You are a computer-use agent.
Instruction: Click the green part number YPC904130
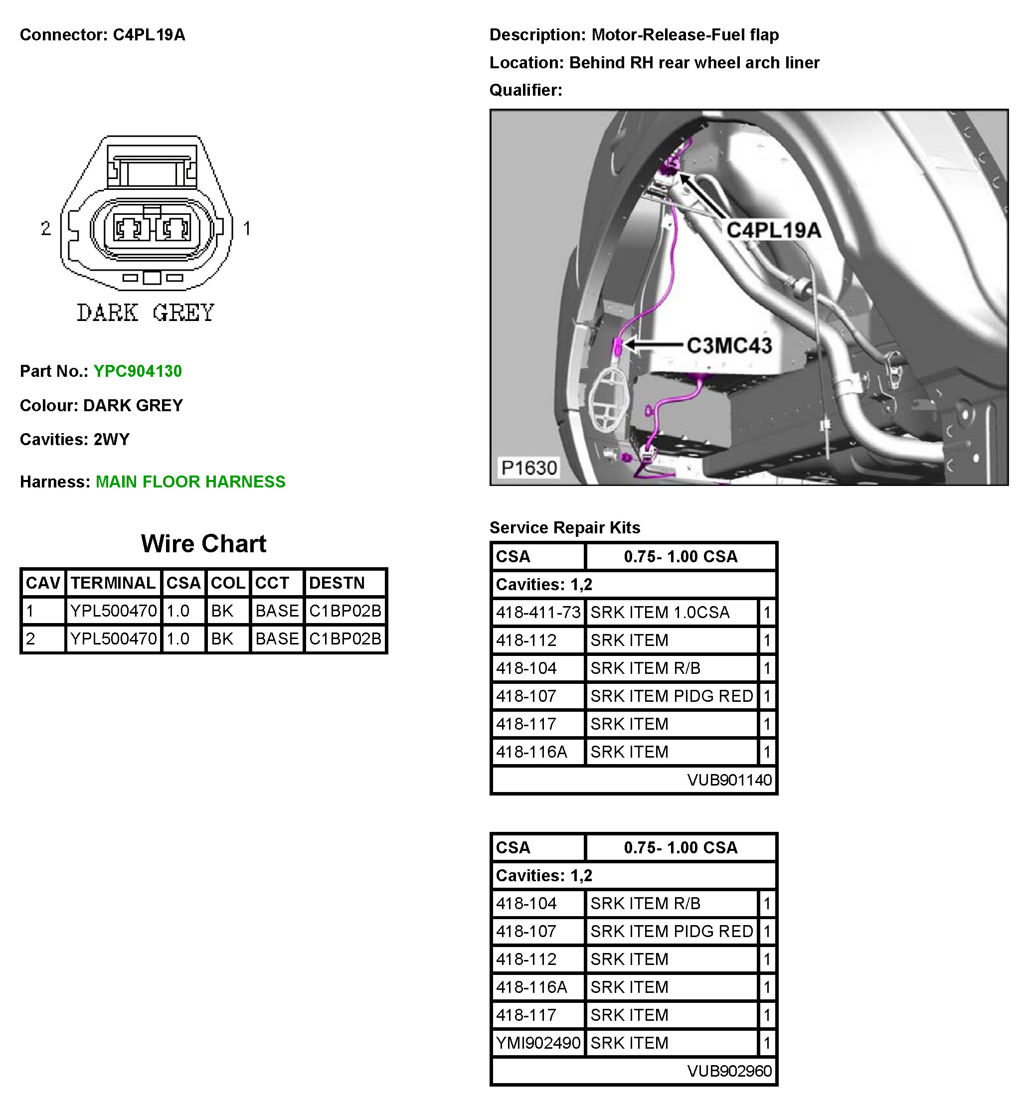pos(137,371)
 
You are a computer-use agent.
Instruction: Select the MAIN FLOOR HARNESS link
pos(190,481)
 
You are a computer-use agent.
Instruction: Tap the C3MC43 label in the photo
pos(729,345)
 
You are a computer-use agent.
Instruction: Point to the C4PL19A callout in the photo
pos(773,230)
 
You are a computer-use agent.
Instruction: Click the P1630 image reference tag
pos(528,468)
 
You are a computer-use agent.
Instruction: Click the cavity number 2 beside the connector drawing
pos(45,228)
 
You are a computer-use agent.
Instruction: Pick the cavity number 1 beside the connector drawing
pos(247,228)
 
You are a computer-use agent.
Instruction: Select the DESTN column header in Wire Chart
pos(337,583)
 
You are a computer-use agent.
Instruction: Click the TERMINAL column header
pos(113,583)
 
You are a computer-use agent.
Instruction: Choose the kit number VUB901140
pos(729,780)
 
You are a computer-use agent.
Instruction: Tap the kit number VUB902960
pos(729,1071)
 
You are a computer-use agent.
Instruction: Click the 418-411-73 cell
pos(538,612)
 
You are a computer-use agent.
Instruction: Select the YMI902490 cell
pos(538,1043)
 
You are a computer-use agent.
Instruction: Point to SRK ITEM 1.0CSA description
pos(660,612)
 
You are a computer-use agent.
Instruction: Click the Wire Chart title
pos(204,544)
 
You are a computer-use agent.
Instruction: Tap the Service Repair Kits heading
pos(565,527)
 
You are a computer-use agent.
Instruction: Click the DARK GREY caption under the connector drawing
pos(145,313)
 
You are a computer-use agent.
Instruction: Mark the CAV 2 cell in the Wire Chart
pos(31,639)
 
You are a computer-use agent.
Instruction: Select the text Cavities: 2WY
pos(75,440)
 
